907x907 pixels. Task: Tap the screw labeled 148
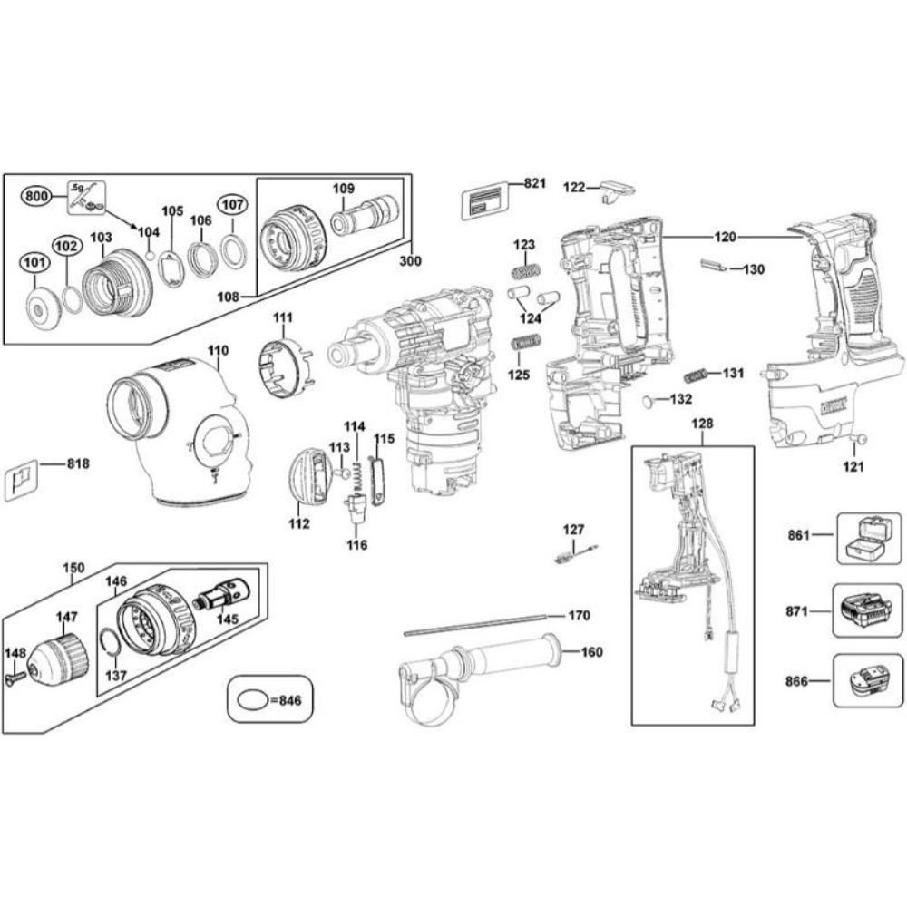click(17, 677)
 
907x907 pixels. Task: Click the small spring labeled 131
click(695, 375)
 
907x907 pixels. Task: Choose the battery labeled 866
click(867, 681)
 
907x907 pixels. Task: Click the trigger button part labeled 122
click(618, 190)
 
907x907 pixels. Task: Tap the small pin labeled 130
click(714, 266)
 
